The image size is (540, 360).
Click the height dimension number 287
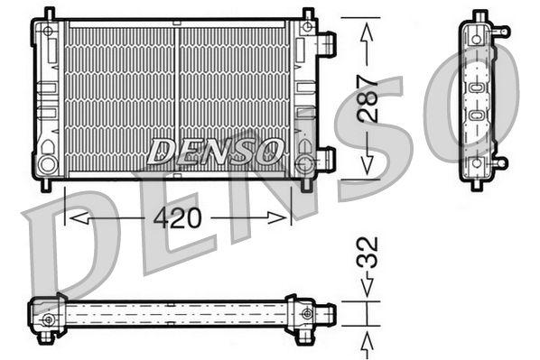tap(367, 99)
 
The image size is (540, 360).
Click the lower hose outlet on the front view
tap(326, 159)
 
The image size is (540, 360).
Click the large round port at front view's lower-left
tap(48, 164)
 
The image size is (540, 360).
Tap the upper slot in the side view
tap(477, 88)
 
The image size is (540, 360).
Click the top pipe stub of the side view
tap(499, 32)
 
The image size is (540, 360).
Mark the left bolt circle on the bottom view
tap(48, 317)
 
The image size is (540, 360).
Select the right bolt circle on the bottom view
tap(308, 314)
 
